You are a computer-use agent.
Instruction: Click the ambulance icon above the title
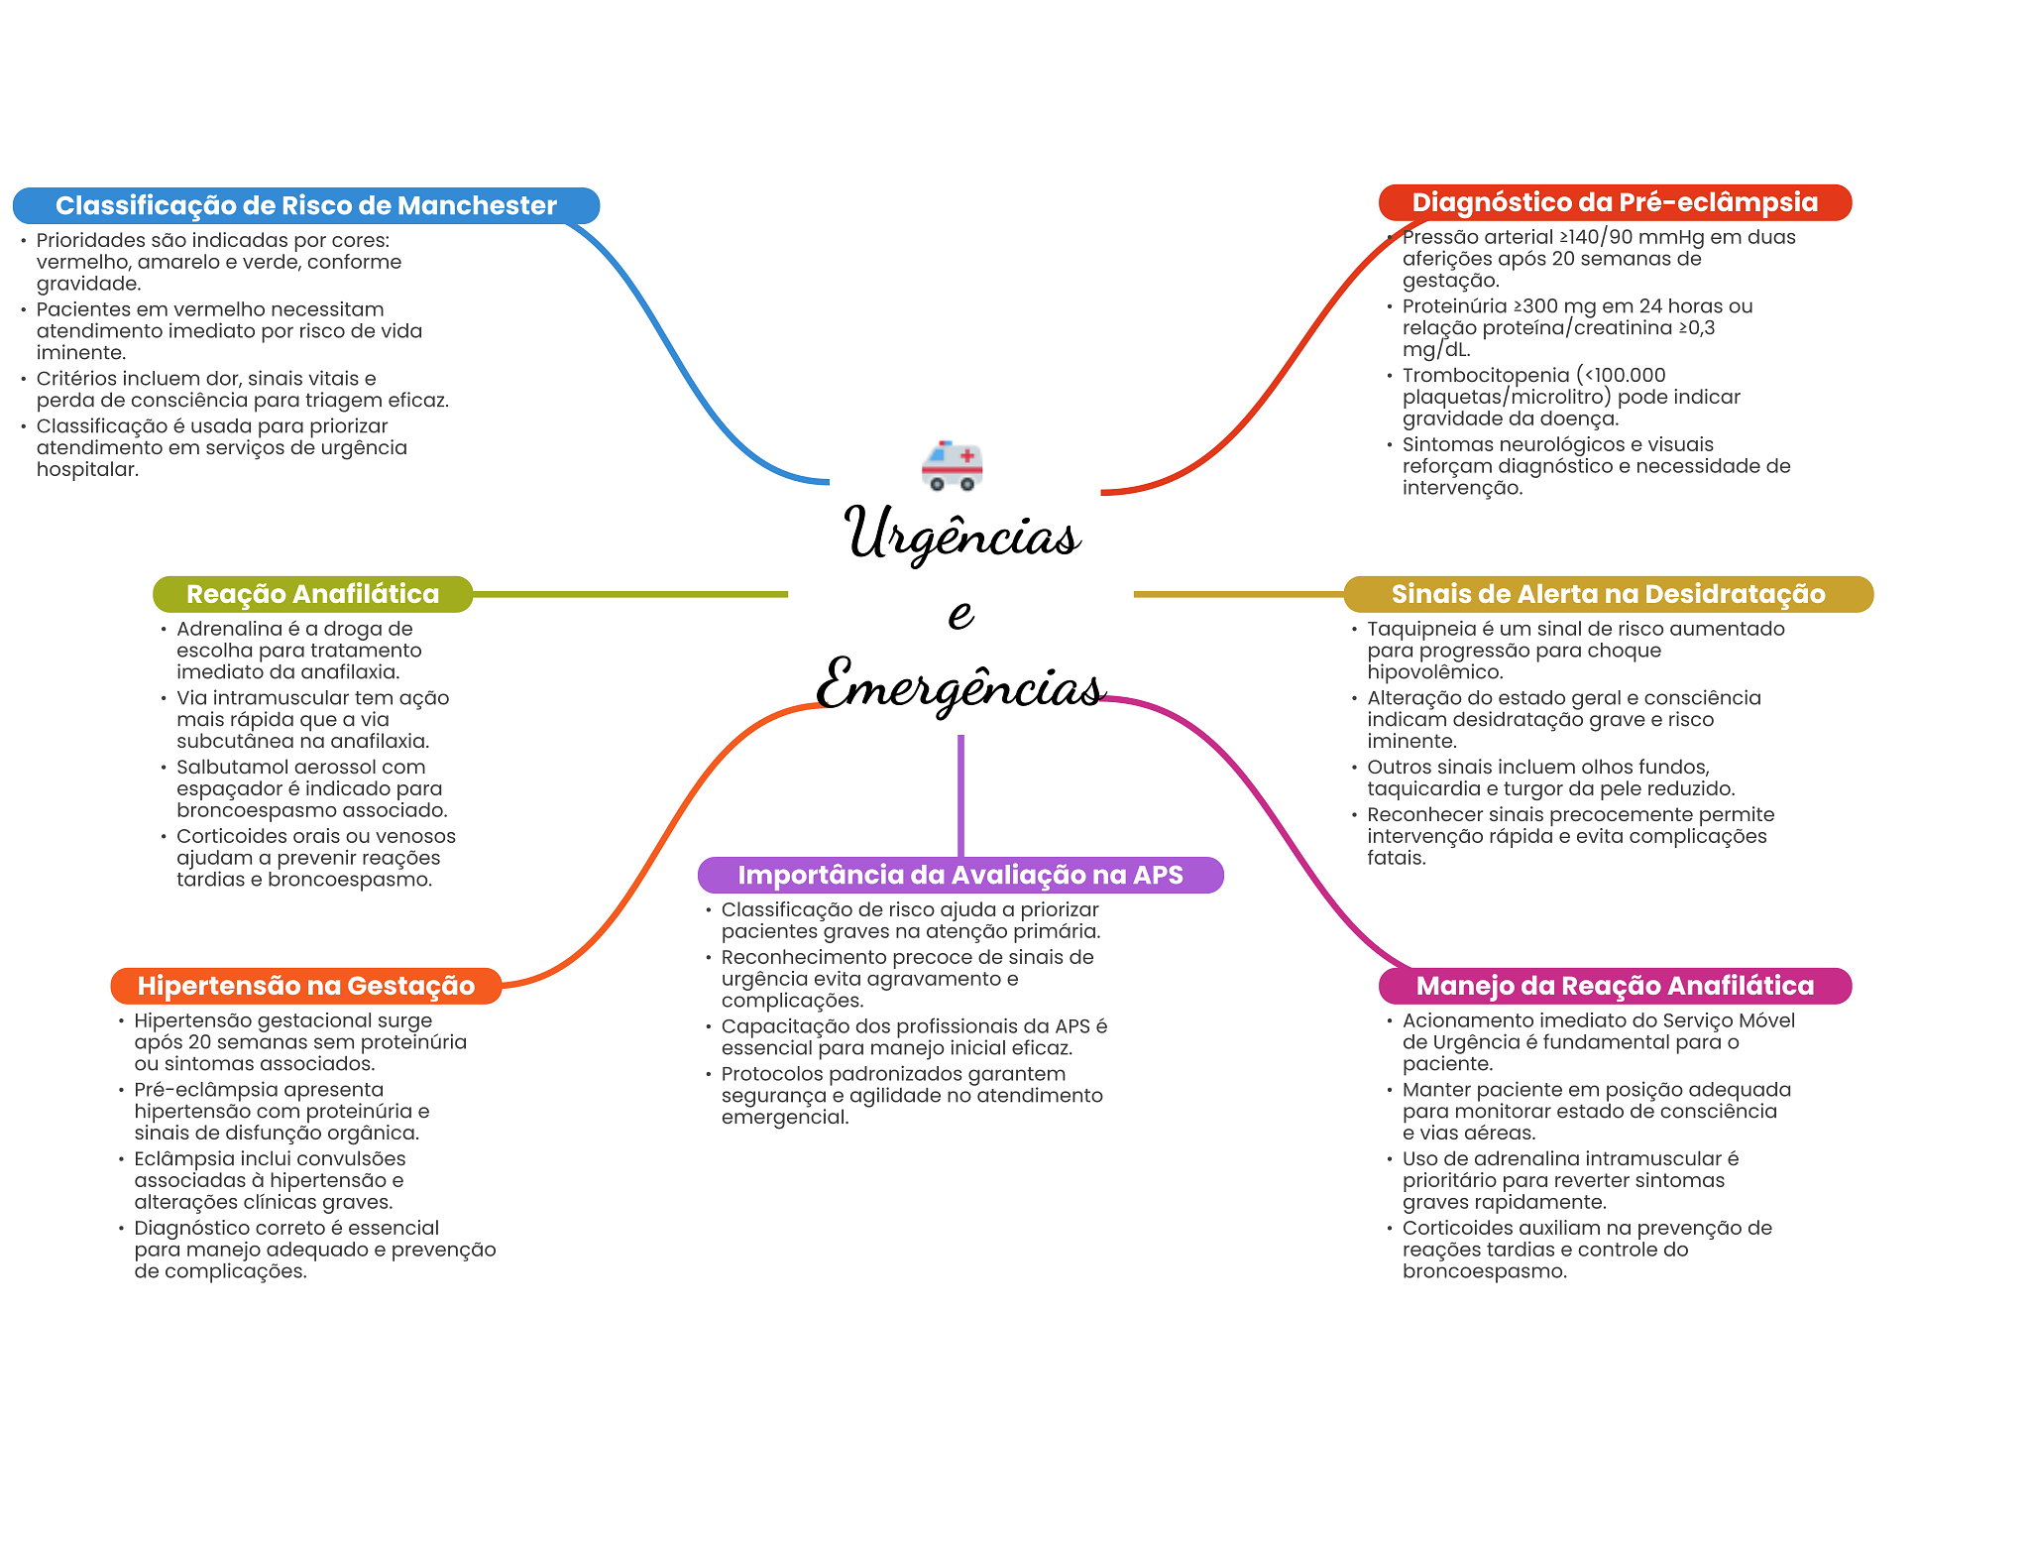pyautogui.click(x=952, y=464)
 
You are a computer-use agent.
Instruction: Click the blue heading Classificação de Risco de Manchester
pyautogui.click(x=305, y=205)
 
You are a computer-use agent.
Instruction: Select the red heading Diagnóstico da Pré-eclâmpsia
pyautogui.click(x=1614, y=202)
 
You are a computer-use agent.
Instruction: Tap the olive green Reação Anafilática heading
pyautogui.click(x=312, y=594)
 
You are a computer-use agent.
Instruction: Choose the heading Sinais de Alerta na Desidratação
pyautogui.click(x=1608, y=594)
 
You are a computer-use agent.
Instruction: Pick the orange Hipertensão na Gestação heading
pyautogui.click(x=305, y=986)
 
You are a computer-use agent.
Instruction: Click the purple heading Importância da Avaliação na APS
pyautogui.click(x=959, y=875)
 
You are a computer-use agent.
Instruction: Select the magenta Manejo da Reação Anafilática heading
pyautogui.click(x=1614, y=986)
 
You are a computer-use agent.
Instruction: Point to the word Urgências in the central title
pyautogui.click(x=961, y=534)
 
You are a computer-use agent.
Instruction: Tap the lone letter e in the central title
pyautogui.click(x=959, y=613)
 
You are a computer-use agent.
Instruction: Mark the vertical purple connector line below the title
pyautogui.click(x=960, y=793)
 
